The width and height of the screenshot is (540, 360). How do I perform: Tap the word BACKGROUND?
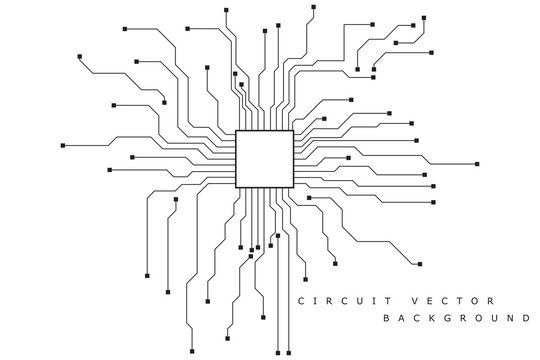point(456,320)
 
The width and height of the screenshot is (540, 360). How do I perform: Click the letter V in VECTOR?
point(412,301)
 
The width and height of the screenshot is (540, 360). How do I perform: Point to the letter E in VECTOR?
point(430,301)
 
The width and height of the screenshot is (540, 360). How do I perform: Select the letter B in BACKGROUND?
point(387,320)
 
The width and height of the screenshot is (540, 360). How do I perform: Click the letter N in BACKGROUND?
point(507,320)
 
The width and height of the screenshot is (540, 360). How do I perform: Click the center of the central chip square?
point(264,158)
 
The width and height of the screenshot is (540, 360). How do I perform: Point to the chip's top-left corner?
point(236,130)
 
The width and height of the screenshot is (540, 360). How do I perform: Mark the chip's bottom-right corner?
point(293,187)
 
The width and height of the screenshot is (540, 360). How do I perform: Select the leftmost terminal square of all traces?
point(62,146)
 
